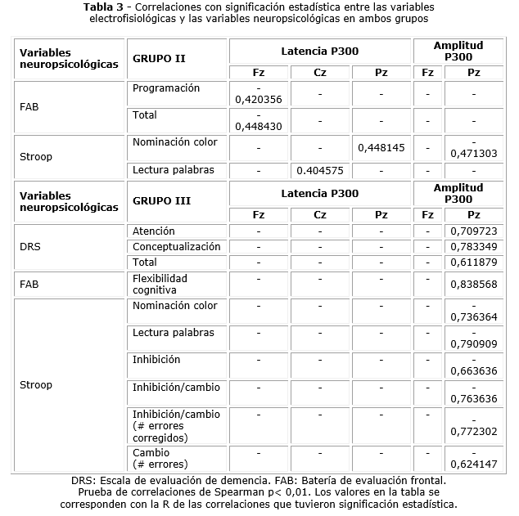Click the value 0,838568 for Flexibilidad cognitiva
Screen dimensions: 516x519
[473, 285]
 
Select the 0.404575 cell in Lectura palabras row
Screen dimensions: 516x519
[319, 170]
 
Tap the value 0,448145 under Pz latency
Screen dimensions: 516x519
[381, 148]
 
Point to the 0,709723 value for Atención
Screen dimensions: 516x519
[473, 231]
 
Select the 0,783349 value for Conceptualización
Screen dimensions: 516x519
[473, 247]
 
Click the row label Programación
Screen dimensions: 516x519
[165, 88]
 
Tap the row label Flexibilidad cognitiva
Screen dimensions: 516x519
[160, 284]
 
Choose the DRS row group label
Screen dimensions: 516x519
[29, 246]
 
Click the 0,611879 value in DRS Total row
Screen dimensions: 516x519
[473, 262]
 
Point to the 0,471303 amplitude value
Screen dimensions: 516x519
[473, 153]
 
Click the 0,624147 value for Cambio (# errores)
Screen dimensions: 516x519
[473, 464]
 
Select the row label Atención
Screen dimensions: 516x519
[153, 231]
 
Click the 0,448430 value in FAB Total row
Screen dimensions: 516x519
[259, 126]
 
